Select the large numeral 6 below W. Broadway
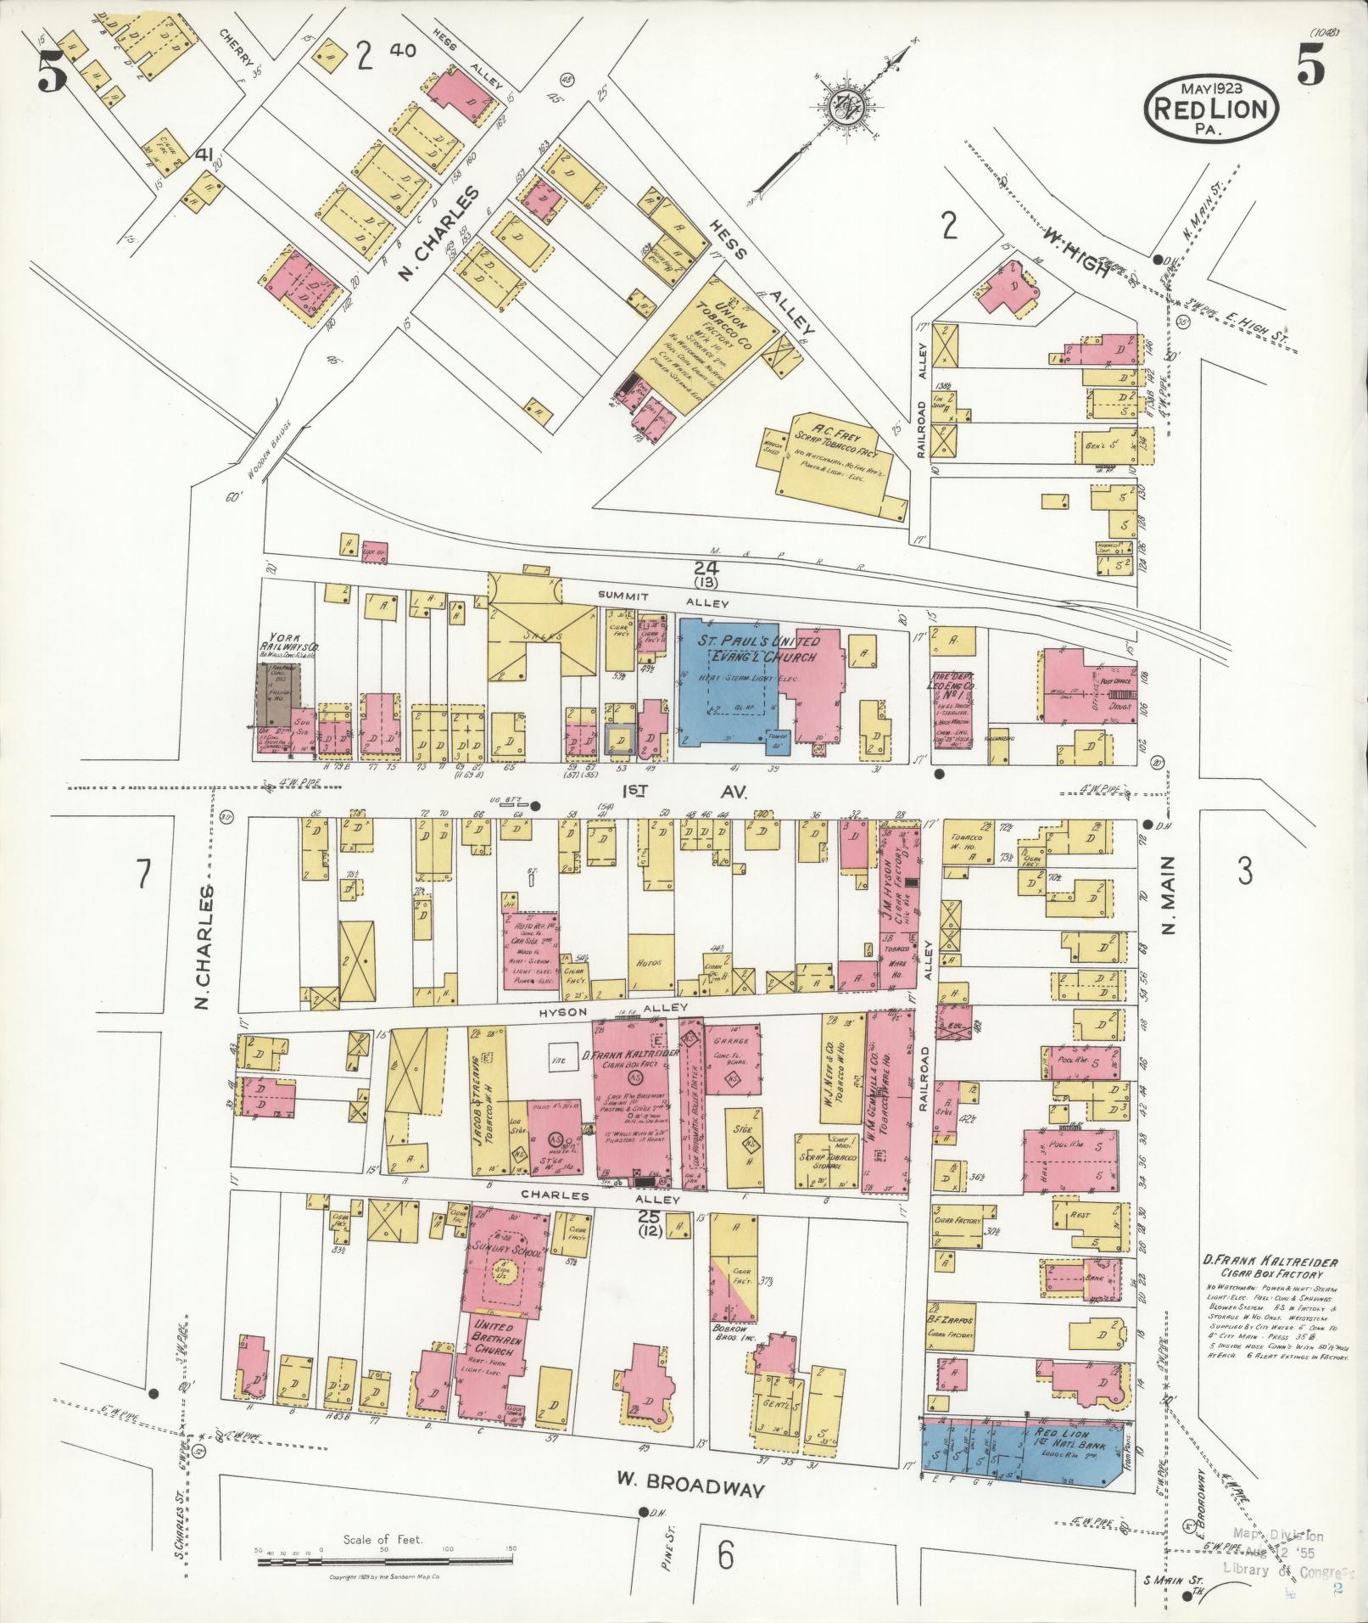tap(725, 1555)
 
